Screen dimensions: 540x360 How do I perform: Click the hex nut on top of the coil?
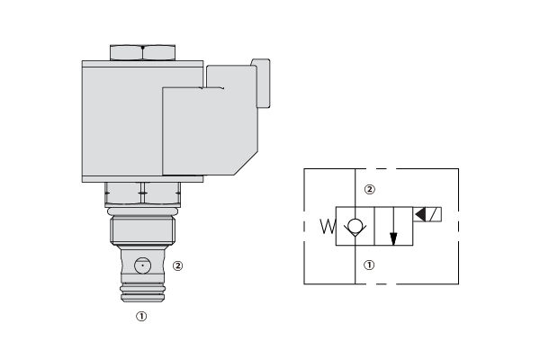click(x=142, y=53)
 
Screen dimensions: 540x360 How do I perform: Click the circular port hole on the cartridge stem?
click(x=142, y=265)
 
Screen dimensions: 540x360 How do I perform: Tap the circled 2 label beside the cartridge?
click(x=177, y=266)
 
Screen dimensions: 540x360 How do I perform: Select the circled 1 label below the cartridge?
click(x=141, y=316)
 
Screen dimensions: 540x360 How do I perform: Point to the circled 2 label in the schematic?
click(x=370, y=189)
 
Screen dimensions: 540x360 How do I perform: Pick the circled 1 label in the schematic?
click(x=369, y=265)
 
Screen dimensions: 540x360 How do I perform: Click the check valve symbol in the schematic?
click(x=355, y=227)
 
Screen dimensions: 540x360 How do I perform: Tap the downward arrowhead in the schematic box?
click(x=393, y=239)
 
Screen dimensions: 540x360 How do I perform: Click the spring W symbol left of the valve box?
click(x=328, y=226)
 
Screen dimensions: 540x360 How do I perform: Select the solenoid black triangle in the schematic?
click(x=421, y=214)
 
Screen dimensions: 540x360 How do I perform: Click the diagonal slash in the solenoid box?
click(x=434, y=214)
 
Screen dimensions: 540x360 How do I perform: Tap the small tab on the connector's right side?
click(x=261, y=83)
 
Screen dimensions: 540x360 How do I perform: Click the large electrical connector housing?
click(x=210, y=130)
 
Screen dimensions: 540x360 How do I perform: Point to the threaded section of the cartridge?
click(x=142, y=229)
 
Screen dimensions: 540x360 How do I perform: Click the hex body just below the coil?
click(x=142, y=194)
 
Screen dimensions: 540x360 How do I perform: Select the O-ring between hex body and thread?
click(x=142, y=211)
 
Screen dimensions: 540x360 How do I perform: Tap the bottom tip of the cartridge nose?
click(x=142, y=301)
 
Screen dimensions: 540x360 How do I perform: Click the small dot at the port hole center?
click(x=142, y=265)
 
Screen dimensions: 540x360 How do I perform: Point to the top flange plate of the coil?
click(x=142, y=64)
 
